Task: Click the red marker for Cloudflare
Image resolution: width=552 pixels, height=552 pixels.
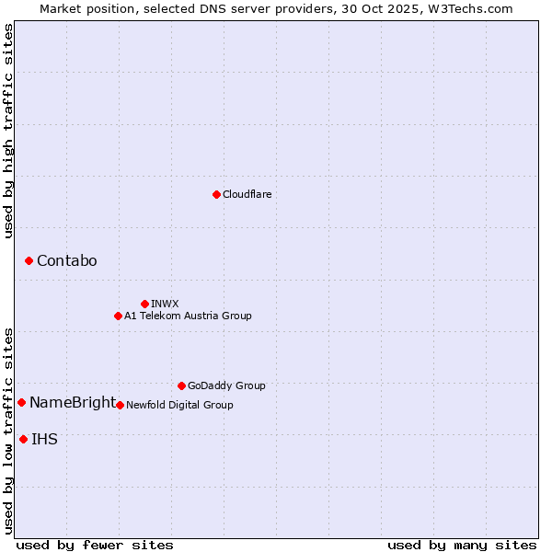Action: (216, 194)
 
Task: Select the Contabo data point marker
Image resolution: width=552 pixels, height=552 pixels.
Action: (29, 261)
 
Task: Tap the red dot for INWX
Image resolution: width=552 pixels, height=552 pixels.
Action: (144, 304)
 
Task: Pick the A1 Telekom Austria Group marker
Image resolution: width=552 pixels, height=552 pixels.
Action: (118, 316)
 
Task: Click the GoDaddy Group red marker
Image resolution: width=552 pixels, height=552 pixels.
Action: (181, 385)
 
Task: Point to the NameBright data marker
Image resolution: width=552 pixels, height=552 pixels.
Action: (21, 402)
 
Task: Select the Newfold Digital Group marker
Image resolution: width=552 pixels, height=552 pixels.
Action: (120, 405)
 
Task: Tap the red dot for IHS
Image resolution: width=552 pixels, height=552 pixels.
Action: (23, 439)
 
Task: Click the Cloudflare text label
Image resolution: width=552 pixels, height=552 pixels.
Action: (247, 194)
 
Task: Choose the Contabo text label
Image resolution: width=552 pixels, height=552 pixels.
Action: (67, 261)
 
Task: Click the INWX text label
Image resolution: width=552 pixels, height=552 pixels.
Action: (166, 304)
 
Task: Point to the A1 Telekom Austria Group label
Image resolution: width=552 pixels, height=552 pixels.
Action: (188, 316)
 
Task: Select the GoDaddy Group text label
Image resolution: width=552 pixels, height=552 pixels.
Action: (226, 385)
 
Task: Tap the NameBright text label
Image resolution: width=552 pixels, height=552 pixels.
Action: (73, 403)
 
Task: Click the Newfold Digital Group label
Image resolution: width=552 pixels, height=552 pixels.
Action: (179, 405)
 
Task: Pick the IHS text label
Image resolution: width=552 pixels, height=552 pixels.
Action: (44, 440)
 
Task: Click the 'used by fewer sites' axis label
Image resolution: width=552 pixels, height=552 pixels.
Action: (95, 545)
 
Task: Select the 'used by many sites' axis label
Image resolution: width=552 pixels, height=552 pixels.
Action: (462, 545)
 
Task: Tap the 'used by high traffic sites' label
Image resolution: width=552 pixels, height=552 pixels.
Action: (9, 131)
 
